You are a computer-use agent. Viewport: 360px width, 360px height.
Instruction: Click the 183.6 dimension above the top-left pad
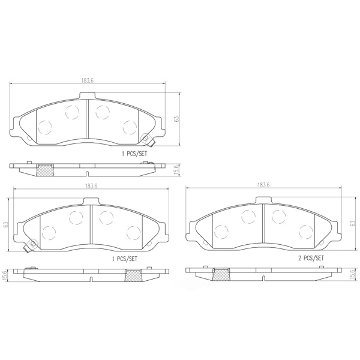coord(88,80)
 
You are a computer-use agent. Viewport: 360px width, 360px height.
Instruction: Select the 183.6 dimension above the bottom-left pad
coord(91,186)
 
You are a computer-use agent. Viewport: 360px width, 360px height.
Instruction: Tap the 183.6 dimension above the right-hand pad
coord(263,185)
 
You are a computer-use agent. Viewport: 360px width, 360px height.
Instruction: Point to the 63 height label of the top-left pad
coord(176,119)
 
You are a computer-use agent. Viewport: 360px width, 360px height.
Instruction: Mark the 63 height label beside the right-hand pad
coord(353,223)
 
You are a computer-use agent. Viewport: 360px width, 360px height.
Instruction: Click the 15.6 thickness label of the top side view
coord(176,170)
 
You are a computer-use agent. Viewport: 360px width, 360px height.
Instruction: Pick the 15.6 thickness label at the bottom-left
coord(6,275)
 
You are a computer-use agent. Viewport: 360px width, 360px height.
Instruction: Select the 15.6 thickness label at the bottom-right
coord(354,274)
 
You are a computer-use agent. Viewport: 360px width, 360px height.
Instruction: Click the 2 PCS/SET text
coord(311,258)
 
